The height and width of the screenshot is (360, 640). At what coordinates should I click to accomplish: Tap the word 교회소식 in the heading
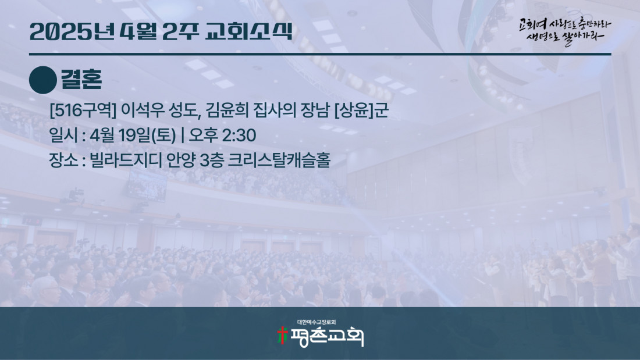(249, 31)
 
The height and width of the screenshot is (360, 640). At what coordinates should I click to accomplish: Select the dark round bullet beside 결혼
(43, 80)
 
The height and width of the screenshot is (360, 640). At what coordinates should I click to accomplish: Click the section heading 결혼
(81, 79)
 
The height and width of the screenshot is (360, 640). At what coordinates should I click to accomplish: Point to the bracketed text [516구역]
(83, 111)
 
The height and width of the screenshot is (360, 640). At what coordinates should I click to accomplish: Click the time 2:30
(239, 135)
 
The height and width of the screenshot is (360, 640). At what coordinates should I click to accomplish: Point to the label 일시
(63, 135)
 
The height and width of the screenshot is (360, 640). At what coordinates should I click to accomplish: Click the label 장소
(63, 159)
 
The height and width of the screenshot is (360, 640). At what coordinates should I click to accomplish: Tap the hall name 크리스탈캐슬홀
(278, 159)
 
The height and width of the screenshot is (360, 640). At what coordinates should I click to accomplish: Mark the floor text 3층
(211, 159)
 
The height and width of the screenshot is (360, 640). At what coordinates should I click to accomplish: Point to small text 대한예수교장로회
(317, 322)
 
